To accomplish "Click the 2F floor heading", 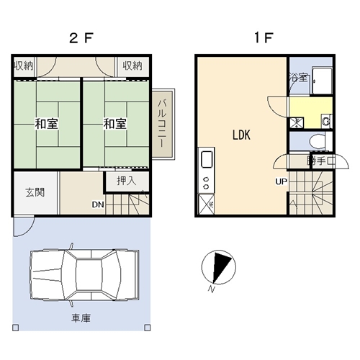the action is click(81, 38).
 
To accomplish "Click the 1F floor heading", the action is click(264, 37).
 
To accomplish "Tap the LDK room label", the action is click(241, 135).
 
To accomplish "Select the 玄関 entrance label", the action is click(35, 192).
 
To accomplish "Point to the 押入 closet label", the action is click(127, 181).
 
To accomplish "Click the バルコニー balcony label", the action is click(162, 123).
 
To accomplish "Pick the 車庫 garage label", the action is click(81, 318).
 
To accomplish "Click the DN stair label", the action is click(98, 204).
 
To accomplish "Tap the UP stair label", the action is click(282, 181).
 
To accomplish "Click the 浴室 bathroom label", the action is click(298, 77).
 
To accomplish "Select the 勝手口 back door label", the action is click(320, 161).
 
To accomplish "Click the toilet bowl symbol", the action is click(318, 142).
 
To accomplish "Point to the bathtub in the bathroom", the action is click(322, 81).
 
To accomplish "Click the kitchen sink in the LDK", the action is click(207, 159).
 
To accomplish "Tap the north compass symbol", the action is click(219, 267).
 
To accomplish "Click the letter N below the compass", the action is click(211, 289).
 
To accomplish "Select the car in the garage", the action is click(84, 275).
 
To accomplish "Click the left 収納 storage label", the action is click(24, 66).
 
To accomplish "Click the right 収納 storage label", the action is click(132, 66).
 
